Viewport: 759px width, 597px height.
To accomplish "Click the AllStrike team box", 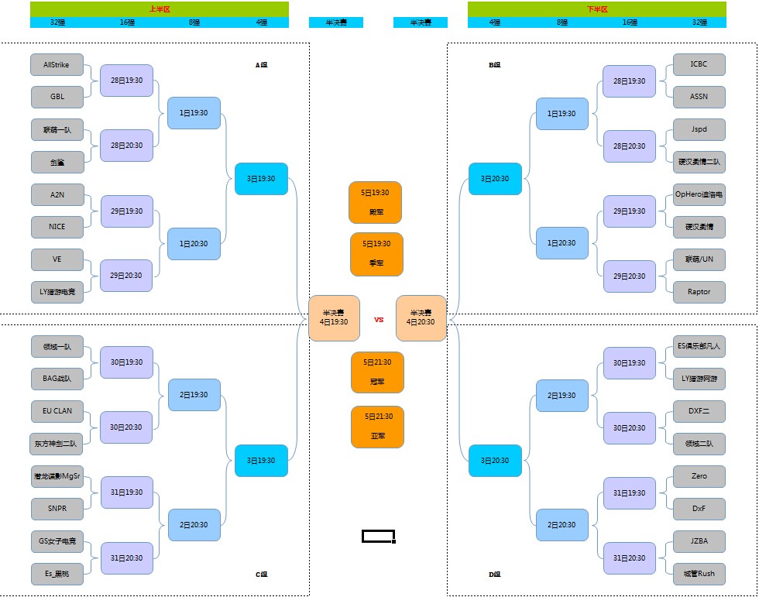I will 57,65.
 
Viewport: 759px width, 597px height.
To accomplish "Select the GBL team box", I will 57,97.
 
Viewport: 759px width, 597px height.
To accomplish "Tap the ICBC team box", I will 699,64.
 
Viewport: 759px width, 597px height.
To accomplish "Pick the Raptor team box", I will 699,292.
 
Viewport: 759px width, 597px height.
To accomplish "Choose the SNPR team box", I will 57,509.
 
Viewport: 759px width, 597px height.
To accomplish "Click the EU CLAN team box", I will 57,411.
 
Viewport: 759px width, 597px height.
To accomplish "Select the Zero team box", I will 699,476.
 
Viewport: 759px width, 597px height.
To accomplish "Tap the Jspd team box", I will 699,129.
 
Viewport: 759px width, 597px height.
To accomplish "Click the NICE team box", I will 57,227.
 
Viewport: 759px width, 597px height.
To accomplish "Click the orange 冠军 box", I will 377,372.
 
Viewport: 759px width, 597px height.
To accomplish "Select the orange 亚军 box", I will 377,427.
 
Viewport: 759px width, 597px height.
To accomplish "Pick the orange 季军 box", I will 376,254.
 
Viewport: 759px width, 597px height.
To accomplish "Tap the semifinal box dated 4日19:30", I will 335,317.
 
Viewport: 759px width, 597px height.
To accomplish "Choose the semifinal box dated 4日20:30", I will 421,317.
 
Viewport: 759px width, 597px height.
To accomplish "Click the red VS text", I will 379,319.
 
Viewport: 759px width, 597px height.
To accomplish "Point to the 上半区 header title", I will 160,9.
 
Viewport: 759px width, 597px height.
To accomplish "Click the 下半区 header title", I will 597,9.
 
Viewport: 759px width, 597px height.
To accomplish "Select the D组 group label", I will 495,575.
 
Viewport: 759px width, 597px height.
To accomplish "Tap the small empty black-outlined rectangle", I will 379,536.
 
